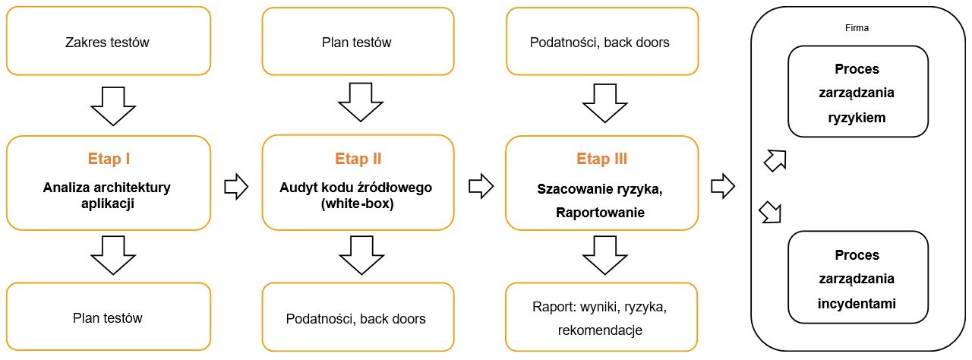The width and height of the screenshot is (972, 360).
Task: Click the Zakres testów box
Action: (x=108, y=42)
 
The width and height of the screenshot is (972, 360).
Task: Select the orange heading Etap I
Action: (x=108, y=159)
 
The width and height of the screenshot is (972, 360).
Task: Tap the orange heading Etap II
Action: (x=358, y=159)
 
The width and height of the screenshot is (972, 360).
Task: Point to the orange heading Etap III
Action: (x=602, y=159)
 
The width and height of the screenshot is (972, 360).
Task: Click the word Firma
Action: (x=858, y=27)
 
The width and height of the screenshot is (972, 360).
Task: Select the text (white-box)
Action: (x=358, y=204)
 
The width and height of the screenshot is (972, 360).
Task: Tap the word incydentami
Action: (x=858, y=304)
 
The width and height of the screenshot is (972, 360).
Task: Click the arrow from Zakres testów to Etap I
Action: (x=108, y=105)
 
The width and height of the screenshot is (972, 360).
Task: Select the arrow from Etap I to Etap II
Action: (x=237, y=185)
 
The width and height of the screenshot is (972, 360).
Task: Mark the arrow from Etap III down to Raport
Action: (x=602, y=254)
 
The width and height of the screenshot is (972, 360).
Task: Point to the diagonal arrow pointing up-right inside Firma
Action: (x=772, y=159)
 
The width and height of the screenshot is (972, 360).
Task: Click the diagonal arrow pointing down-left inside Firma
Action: (x=771, y=213)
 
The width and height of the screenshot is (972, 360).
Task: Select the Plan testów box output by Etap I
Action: (x=108, y=317)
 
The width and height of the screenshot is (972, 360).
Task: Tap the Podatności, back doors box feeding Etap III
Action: (x=600, y=42)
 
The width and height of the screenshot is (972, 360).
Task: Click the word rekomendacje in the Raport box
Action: (x=600, y=330)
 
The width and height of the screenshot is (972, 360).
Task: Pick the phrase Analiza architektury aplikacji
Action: (x=108, y=194)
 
